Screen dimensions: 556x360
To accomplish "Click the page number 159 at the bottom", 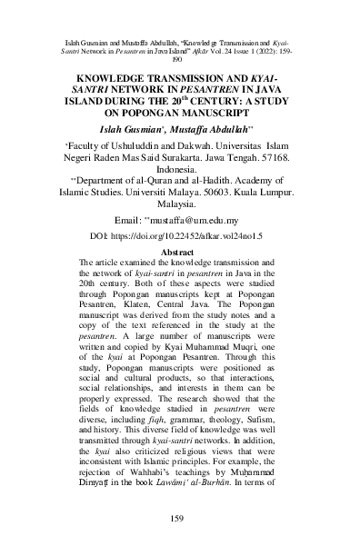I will (x=179, y=519).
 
